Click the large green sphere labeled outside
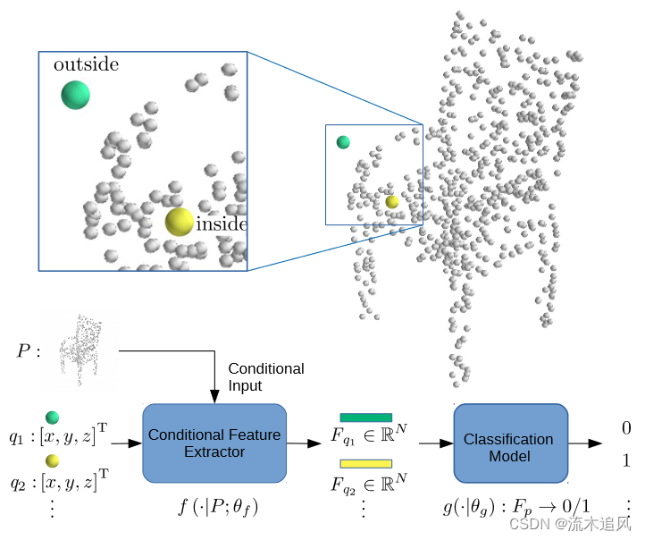pos(75,94)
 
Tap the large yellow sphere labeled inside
pos(180,222)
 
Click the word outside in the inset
pos(86,64)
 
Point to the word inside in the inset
pos(221,224)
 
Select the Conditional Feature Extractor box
pos(214,443)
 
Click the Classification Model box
pos(509,447)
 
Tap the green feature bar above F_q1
pos(365,418)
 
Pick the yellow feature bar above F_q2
pos(365,463)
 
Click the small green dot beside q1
pos(53,417)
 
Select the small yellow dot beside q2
pos(53,460)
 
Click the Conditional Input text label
pos(265,376)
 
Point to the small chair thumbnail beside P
pos(81,350)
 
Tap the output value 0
pos(626,429)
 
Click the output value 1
pos(626,461)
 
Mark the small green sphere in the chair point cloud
pos(343,142)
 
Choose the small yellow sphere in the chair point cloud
pos(392,202)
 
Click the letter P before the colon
pos(23,350)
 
